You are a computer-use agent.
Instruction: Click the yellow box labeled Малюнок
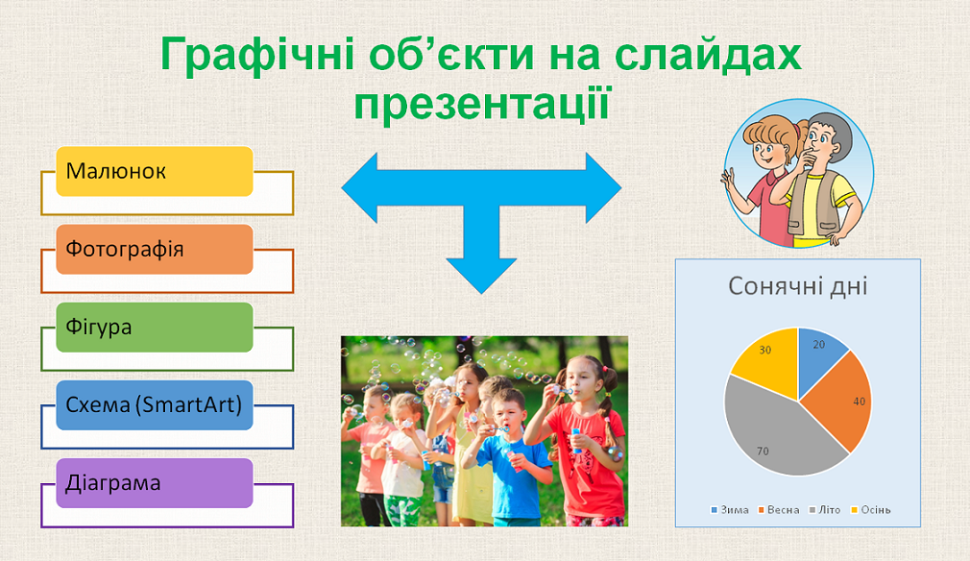tap(155, 171)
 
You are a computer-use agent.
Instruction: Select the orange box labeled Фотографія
tap(155, 249)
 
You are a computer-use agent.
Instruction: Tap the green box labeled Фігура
tap(155, 328)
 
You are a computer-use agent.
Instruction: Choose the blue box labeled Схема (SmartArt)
tap(155, 405)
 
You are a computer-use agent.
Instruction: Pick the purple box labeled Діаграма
tap(155, 483)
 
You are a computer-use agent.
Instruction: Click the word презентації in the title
tap(482, 105)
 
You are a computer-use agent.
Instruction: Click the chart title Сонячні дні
tap(797, 286)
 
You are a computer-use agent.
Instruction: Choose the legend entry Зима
tap(730, 510)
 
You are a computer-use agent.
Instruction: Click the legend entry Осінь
tap(871, 510)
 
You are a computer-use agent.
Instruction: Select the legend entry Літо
tap(825, 510)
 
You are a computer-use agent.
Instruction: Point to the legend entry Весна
tap(779, 510)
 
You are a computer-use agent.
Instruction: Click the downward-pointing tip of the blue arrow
tap(481, 293)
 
